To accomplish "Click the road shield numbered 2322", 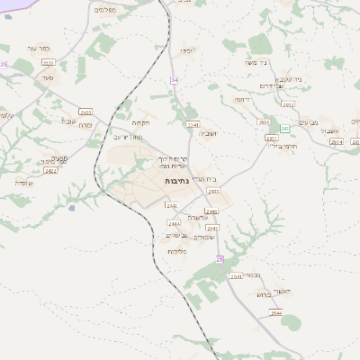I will pos(48,62).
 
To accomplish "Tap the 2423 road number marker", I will pos(85,112).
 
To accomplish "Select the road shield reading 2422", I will pos(50,170).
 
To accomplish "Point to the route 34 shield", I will pos(174,80).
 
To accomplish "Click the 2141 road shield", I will pos(192,125).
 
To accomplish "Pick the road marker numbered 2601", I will pos(264,121).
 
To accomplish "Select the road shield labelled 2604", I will pos(336,141).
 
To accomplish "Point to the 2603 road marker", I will pos(213,191).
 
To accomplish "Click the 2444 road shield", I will pos(174,223).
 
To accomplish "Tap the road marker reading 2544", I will pos(275,312).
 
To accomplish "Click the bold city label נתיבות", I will pos(177,182).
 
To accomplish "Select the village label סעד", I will pos(46,78).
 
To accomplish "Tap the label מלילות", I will pos(177,251).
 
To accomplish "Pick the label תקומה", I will pos(139,121).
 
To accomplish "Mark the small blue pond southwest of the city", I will pos(71,208).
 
